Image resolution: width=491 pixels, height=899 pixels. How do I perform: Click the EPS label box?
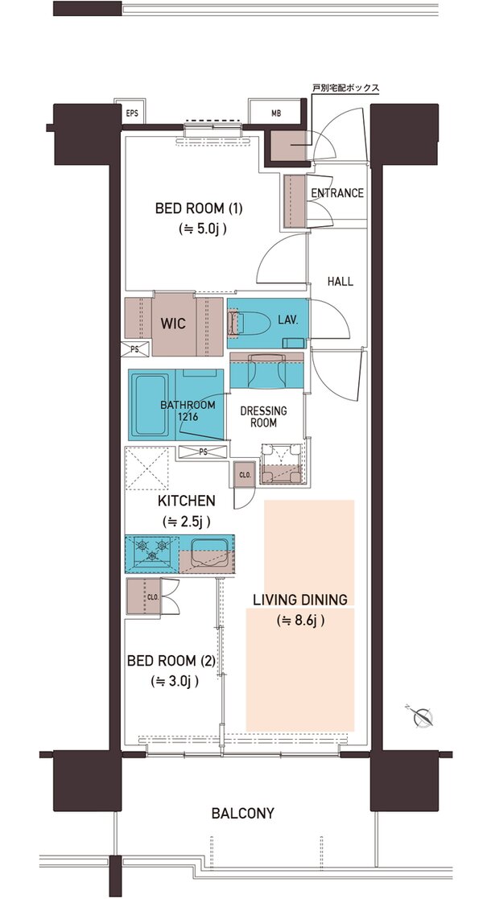130,113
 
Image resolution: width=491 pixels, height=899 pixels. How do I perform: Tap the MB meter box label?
275,113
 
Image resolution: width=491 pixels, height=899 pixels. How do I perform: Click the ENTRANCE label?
337,193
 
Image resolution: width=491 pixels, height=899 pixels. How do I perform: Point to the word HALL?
340,282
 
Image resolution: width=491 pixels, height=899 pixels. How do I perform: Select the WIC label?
173,324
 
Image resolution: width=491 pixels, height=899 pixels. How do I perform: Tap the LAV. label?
288,320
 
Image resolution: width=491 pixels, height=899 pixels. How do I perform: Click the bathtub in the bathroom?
150,404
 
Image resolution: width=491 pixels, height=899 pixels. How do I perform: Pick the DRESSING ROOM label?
263,418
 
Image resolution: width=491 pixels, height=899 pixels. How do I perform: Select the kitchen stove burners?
152,549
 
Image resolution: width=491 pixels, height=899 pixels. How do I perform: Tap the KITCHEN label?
187,501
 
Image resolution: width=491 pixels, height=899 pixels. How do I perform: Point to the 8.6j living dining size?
301,621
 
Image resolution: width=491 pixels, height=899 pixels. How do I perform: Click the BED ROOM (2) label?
171,662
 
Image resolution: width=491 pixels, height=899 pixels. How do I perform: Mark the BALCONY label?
242,813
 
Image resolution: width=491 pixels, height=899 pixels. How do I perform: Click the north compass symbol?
423,716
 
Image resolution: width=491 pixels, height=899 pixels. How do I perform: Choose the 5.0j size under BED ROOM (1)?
202,229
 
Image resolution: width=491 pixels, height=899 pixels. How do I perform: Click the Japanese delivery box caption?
346,89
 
